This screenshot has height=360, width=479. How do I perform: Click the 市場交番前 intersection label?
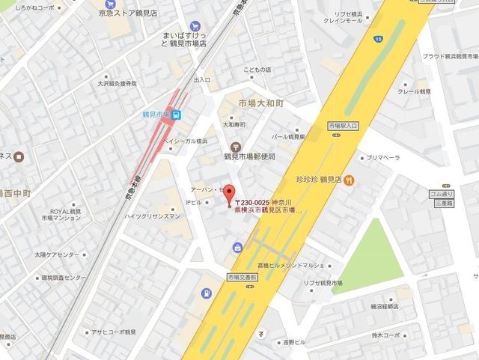tap(242, 277)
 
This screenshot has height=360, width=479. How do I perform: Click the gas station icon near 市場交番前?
tap(207, 293)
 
